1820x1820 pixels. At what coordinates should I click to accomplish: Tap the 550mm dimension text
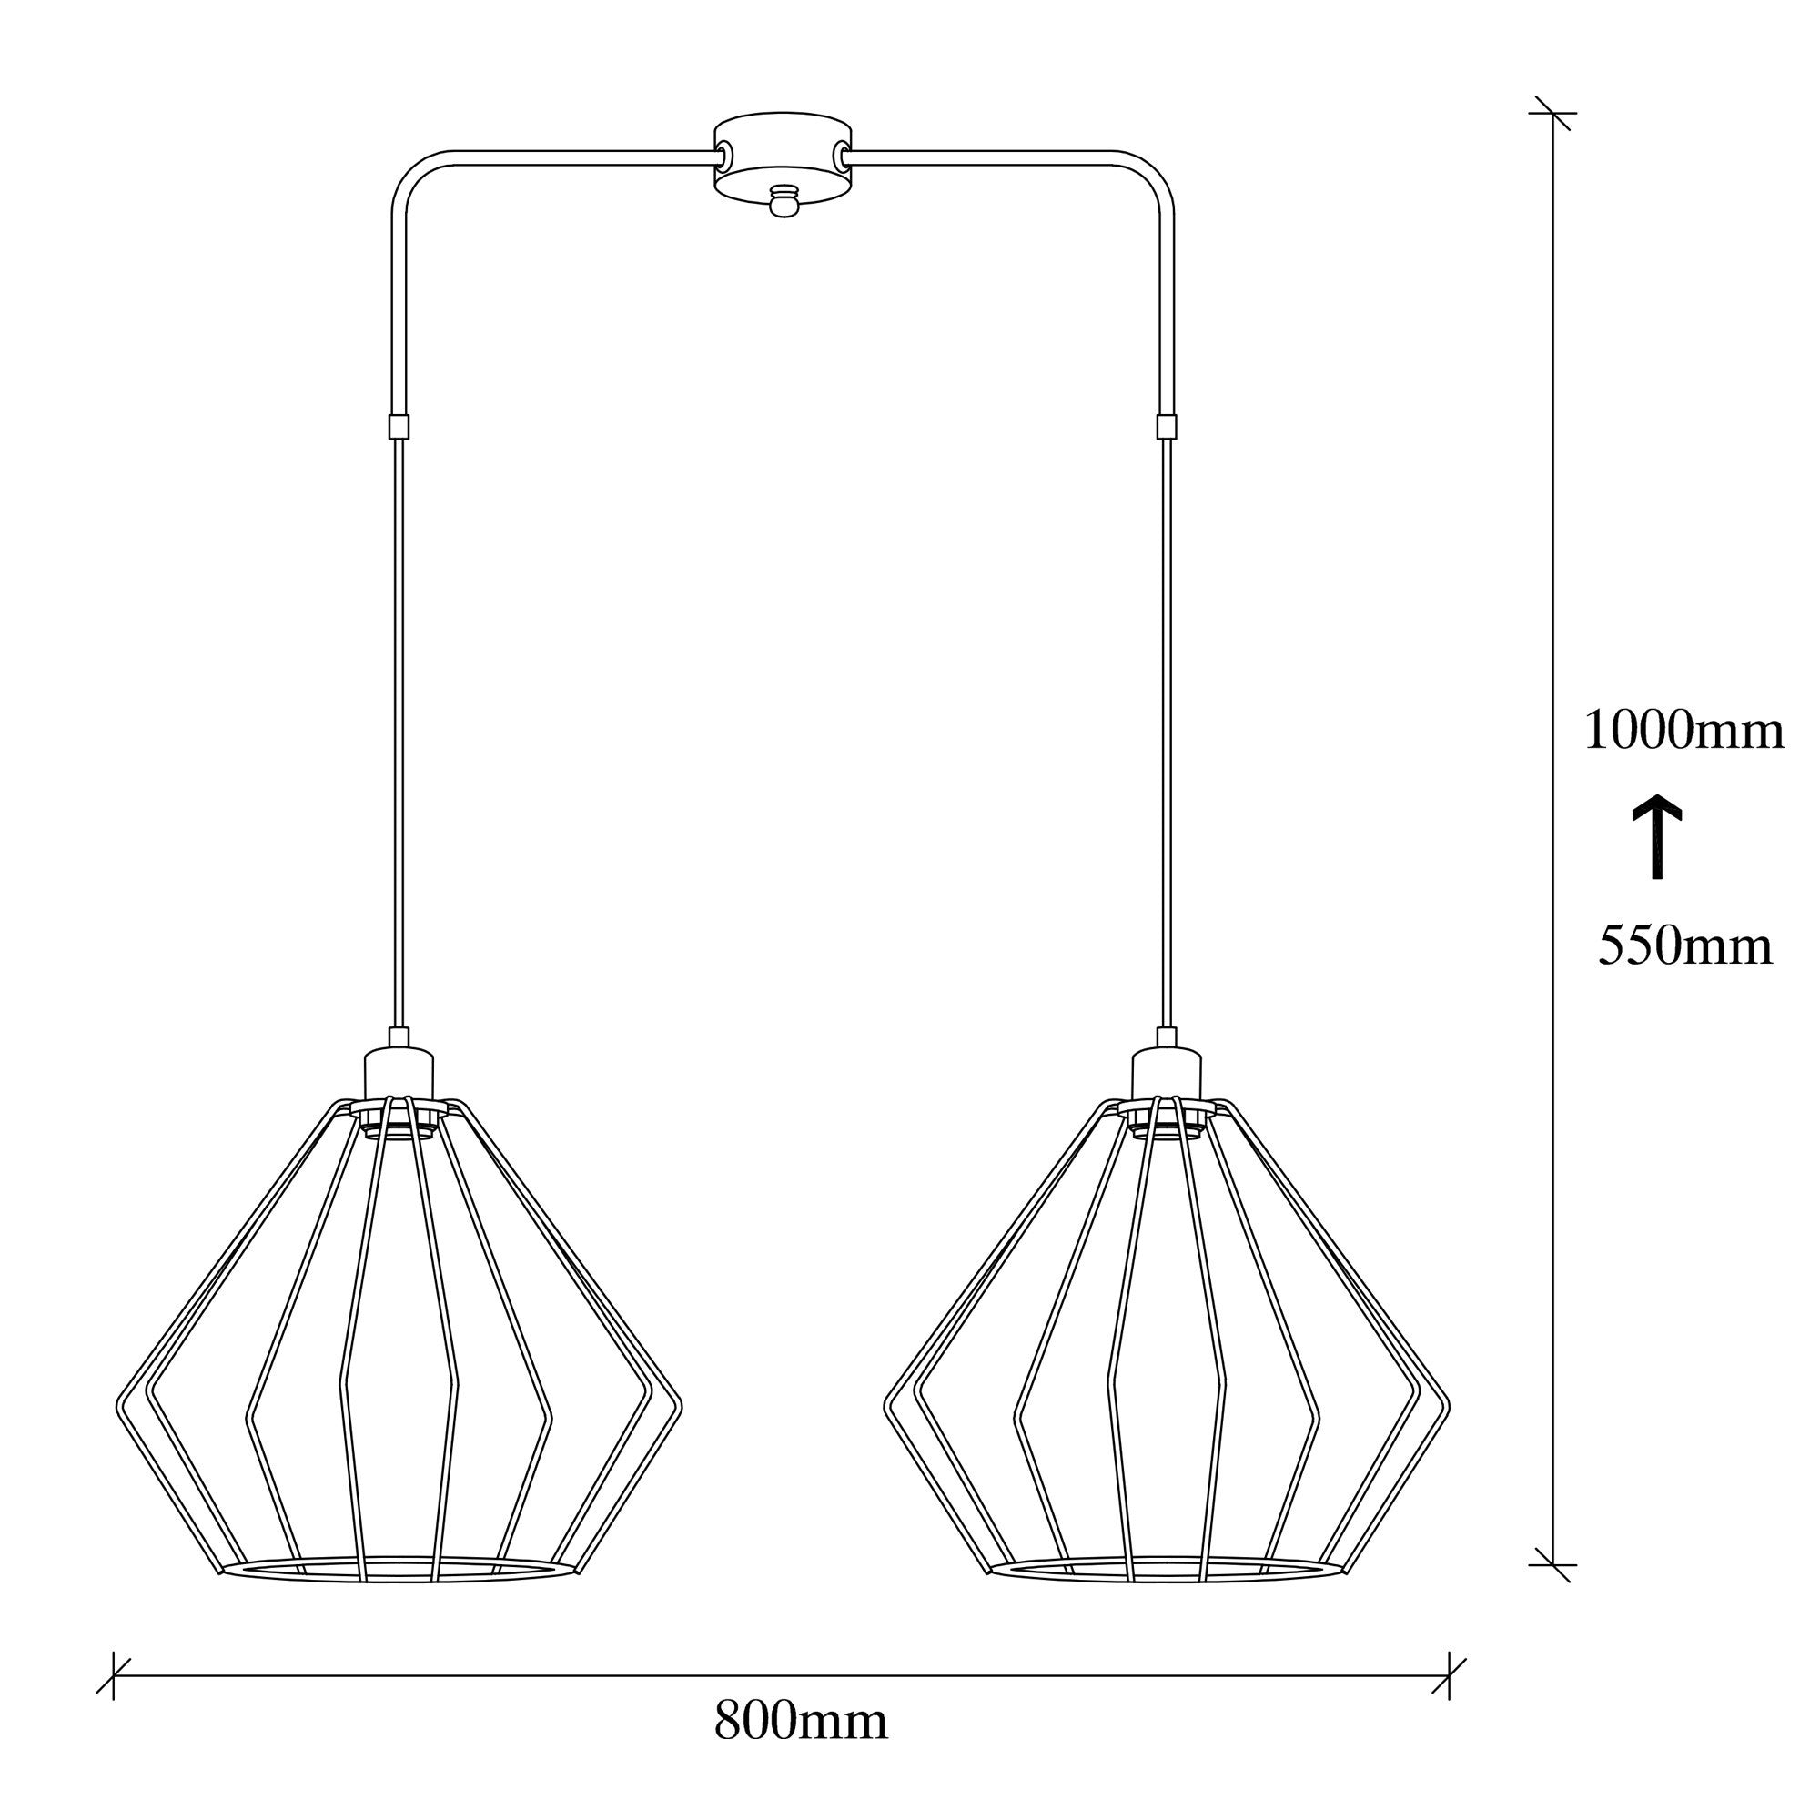click(x=1685, y=945)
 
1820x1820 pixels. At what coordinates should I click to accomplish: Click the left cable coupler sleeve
click(x=399, y=426)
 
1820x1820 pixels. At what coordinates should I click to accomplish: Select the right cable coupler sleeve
click(x=1168, y=426)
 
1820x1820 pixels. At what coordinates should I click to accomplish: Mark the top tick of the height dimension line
click(x=1552, y=113)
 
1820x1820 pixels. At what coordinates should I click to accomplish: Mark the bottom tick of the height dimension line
click(x=1552, y=1564)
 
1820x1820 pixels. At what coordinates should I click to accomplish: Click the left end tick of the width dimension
click(x=113, y=1676)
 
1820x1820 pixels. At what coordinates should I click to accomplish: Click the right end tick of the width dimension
click(x=1449, y=1676)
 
